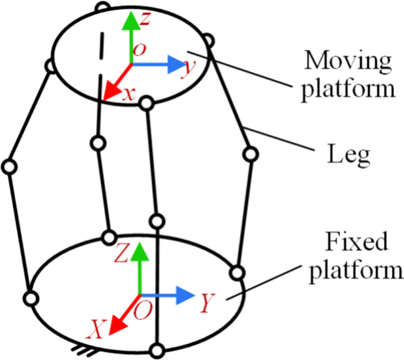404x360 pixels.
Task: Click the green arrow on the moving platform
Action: (x=129, y=35)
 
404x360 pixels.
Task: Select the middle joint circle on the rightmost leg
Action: (x=251, y=155)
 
